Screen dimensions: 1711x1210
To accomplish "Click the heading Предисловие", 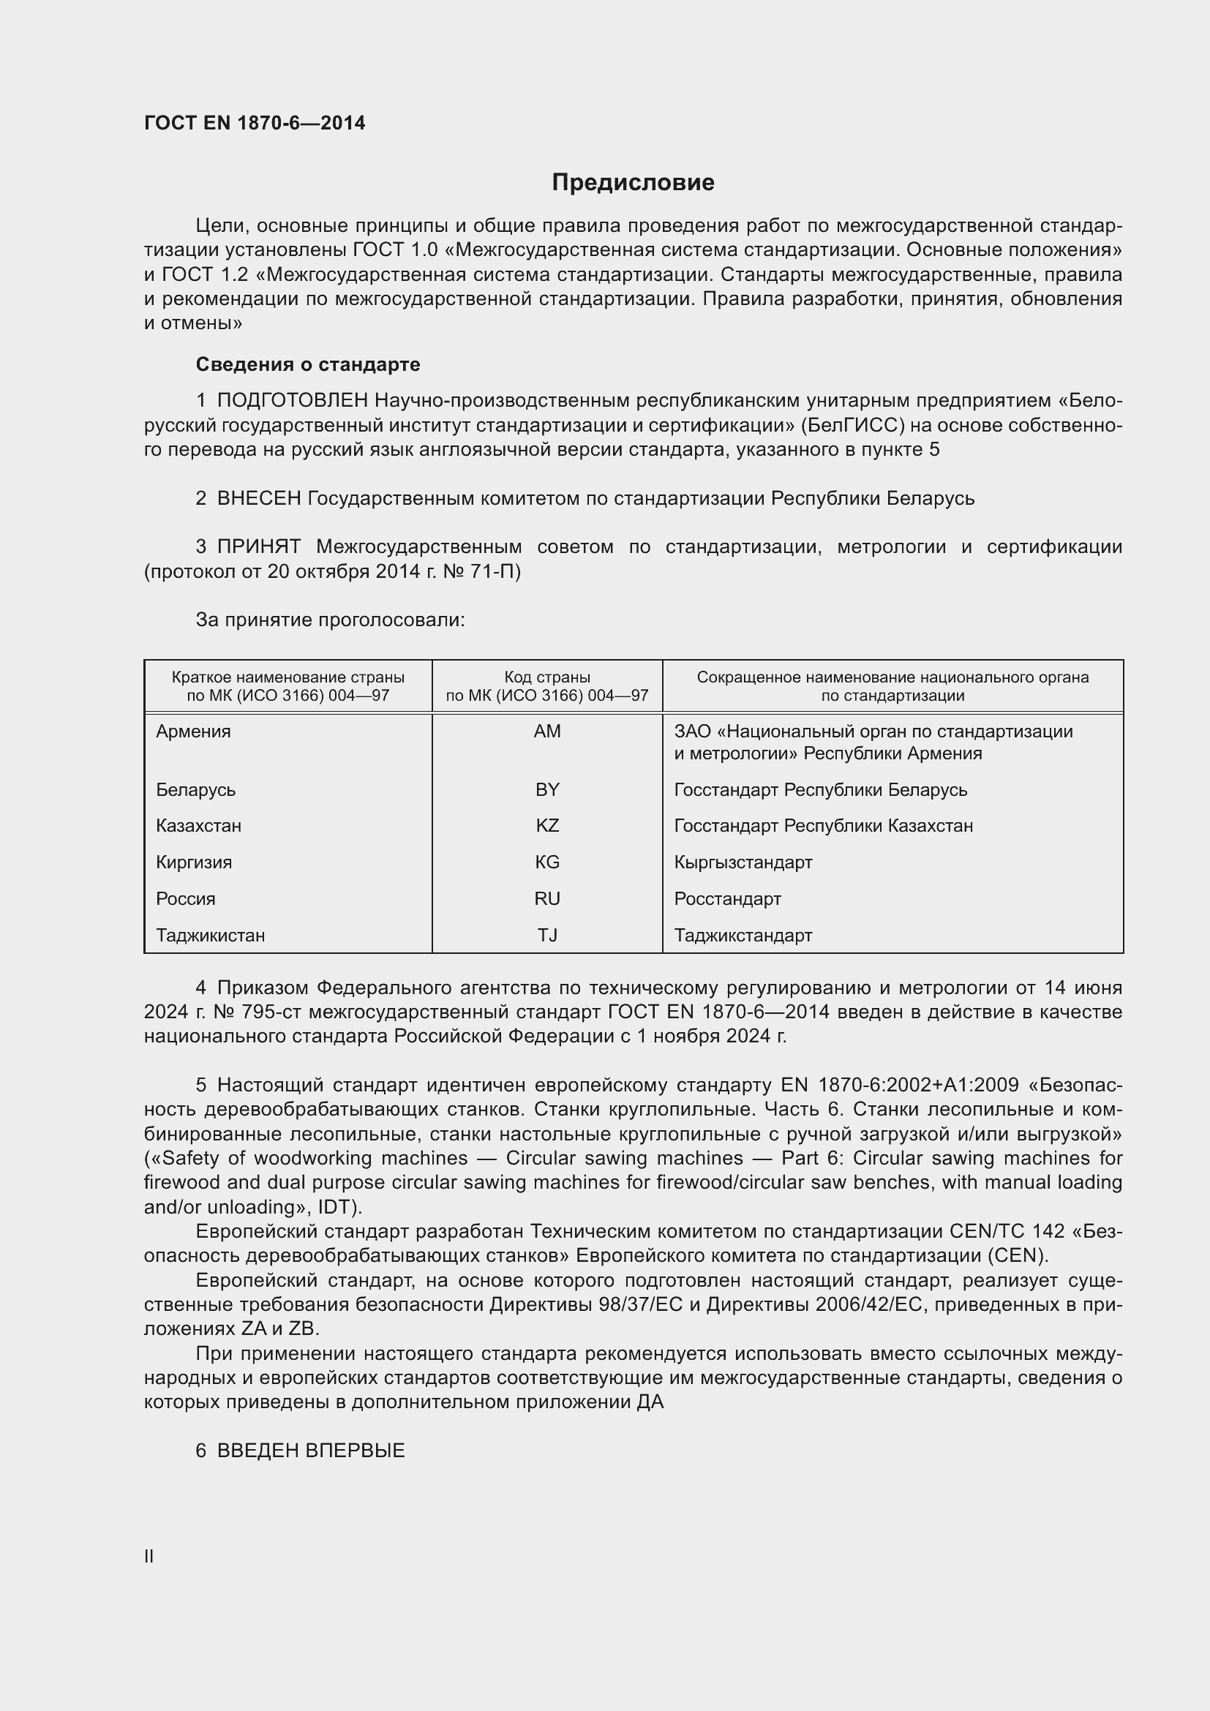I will click(633, 183).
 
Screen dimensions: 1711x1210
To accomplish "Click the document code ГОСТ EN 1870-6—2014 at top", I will click(255, 123).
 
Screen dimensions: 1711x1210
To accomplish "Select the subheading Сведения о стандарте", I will click(308, 364).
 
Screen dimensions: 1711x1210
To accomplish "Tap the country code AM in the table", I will click(547, 731).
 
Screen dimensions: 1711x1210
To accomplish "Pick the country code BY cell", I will click(547, 789).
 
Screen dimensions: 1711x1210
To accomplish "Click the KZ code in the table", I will click(547, 826).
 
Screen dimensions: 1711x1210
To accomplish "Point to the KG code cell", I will click(547, 862).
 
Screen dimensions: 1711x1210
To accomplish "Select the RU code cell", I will click(547, 899).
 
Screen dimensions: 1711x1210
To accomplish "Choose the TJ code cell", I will click(547, 936).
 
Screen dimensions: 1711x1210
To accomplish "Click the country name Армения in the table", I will click(194, 731).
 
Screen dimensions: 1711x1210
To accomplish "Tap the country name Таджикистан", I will click(210, 936).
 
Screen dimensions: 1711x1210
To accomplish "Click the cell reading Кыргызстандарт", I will click(743, 862).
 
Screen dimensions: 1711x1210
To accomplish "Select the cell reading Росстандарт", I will click(727, 899).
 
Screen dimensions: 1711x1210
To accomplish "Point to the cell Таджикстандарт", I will click(743, 936).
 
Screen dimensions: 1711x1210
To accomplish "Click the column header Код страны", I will click(547, 677).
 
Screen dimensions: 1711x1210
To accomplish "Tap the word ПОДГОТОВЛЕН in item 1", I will click(292, 401).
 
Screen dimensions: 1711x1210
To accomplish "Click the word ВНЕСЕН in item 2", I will click(258, 499).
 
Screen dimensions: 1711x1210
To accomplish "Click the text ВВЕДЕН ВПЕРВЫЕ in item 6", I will click(311, 1450).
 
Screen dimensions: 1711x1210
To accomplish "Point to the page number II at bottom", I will click(149, 1556).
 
